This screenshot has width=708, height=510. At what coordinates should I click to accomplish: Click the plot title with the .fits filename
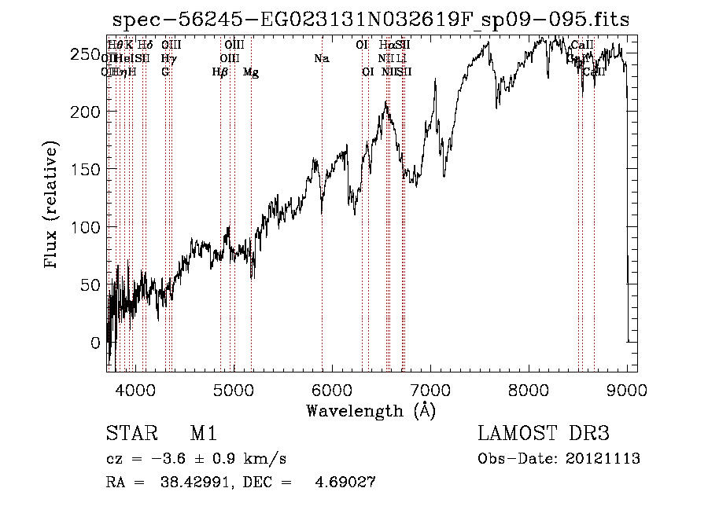(371, 20)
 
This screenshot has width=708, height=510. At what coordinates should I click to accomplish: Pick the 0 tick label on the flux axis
(95, 343)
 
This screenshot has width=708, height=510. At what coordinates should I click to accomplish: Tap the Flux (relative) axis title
(52, 205)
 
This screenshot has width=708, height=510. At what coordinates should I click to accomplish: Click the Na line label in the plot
(321, 59)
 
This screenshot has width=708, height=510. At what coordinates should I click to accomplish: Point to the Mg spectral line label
(251, 72)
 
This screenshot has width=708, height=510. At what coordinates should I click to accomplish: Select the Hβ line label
(220, 72)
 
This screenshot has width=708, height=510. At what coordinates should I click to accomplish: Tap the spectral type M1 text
(203, 435)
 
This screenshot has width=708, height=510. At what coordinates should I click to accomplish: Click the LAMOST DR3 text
(543, 435)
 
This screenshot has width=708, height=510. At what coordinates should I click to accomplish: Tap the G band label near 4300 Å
(165, 72)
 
